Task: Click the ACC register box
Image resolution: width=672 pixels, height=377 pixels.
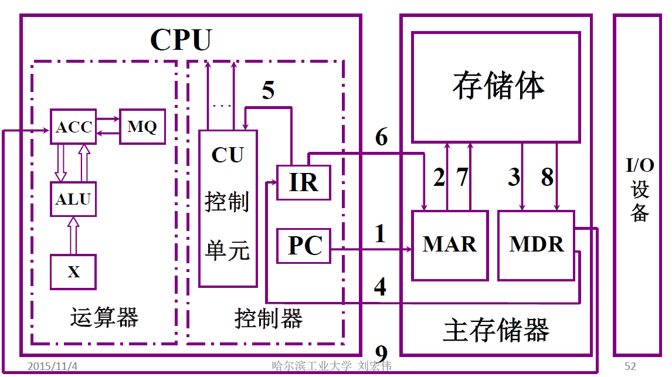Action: coord(73,127)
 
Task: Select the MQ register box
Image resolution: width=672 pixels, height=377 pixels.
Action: coord(142,126)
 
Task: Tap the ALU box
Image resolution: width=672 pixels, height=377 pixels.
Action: coord(73,199)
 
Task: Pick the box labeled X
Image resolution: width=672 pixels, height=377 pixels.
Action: coord(73,271)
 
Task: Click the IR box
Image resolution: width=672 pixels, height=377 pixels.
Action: coord(304,182)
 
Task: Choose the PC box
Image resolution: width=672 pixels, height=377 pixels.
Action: coord(304,246)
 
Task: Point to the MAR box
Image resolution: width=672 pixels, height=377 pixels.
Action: coord(450,244)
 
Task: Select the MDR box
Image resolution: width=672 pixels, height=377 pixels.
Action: coord(536,244)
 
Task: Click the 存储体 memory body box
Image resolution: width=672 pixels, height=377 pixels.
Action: coord(496,87)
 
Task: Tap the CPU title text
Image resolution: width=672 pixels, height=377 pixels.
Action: coord(181,40)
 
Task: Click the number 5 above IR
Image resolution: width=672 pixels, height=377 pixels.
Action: coord(268,91)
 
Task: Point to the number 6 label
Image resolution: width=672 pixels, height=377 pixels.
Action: coord(381,137)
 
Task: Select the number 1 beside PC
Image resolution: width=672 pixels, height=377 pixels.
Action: coord(381,234)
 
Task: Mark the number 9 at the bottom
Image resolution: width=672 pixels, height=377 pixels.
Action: coord(381,354)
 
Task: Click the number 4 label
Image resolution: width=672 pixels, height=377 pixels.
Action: coord(381,287)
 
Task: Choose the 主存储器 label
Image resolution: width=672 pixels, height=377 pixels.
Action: coord(496,330)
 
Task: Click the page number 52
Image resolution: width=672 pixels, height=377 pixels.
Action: coord(630,366)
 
